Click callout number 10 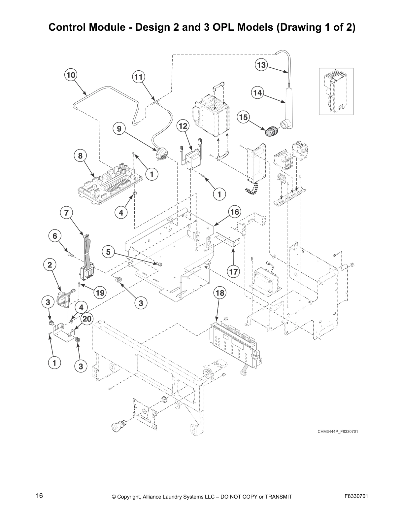[x=71, y=75]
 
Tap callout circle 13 [x=261, y=65]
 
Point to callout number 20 [x=87, y=319]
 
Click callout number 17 [x=233, y=272]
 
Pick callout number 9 [x=119, y=129]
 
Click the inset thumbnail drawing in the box [x=336, y=91]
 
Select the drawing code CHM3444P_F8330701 [x=338, y=432]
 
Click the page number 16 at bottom [x=39, y=496]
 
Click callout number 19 [x=99, y=292]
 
